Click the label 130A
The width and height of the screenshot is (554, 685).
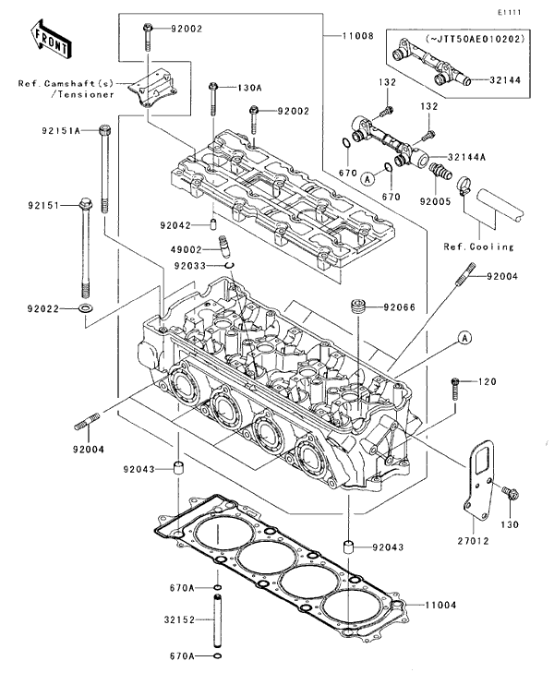(x=250, y=88)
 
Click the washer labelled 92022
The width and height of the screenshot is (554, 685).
(x=85, y=306)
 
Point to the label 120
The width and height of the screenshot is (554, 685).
(x=487, y=381)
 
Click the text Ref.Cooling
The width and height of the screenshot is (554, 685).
(x=474, y=246)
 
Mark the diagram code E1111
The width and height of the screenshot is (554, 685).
(x=509, y=12)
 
